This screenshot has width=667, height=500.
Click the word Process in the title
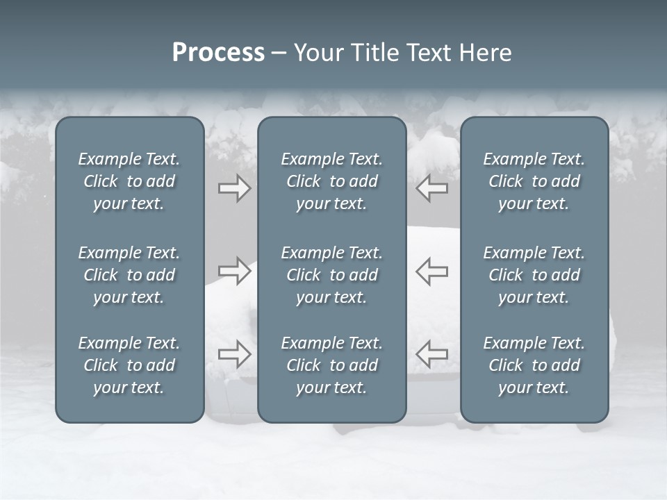218,53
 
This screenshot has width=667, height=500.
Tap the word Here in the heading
486,53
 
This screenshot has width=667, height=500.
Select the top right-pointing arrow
234,188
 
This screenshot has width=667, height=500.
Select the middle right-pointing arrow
234,271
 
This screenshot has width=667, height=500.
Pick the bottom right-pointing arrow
234,354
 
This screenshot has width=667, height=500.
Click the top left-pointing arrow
431,188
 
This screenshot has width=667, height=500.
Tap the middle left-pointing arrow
431,271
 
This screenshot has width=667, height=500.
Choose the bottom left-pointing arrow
431,354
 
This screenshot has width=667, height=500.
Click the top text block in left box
129,181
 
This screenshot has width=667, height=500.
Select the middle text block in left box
129,275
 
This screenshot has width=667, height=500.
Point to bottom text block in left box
129,365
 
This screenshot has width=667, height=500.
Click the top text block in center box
331,181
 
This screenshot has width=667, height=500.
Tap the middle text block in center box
331,275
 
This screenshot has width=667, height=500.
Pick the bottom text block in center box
331,365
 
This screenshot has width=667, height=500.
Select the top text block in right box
534,181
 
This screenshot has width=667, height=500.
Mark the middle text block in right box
534,275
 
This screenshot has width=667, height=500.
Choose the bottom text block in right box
534,365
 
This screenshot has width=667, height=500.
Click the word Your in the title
318,53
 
